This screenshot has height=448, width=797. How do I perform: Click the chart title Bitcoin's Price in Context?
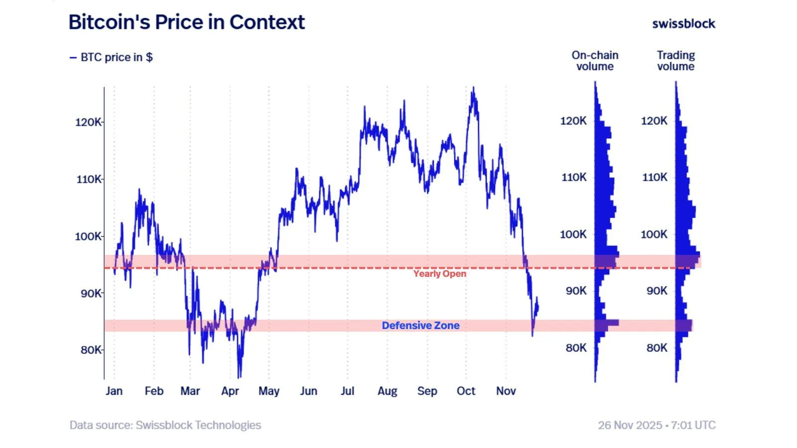coord(186,22)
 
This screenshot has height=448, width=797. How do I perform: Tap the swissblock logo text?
coord(683,23)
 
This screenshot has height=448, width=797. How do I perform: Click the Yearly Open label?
coord(439,274)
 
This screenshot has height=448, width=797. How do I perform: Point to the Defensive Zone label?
coord(420,326)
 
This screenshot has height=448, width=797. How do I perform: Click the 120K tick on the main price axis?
coord(88,122)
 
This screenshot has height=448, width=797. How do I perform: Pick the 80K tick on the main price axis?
coord(91,350)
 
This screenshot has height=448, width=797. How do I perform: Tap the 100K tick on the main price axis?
coord(88,236)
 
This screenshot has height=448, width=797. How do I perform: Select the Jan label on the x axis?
coord(114,391)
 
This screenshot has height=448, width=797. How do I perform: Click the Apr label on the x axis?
coord(230,391)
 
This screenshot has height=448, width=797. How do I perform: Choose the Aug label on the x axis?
coord(387,391)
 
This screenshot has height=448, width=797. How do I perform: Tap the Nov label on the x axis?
coord(506,391)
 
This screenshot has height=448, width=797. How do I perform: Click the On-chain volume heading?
coord(595,61)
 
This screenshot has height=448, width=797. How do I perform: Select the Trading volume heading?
coord(675,61)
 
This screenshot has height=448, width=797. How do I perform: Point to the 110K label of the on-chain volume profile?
coord(574,177)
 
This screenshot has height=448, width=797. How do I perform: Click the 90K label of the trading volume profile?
coord(657,291)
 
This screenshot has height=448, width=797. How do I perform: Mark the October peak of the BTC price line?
coord(473,88)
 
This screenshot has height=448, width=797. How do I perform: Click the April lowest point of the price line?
coord(239,377)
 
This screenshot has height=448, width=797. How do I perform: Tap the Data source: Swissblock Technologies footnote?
coord(165,425)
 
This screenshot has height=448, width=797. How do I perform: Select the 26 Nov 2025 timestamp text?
coord(657,425)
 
